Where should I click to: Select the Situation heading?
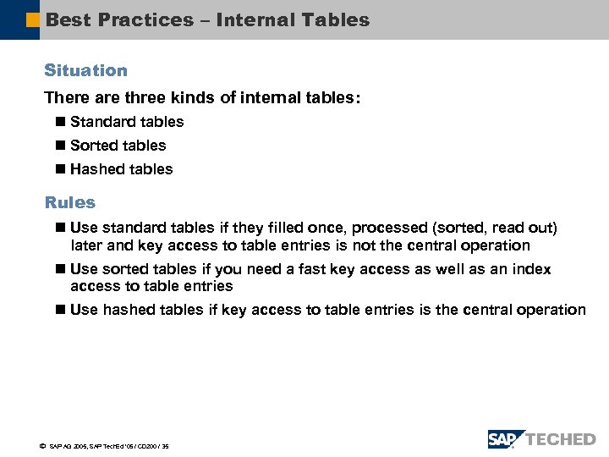[x=86, y=70]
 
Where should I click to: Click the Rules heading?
[x=70, y=202]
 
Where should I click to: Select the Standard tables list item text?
[x=127, y=122]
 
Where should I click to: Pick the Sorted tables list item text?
[x=118, y=146]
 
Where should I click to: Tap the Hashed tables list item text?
[x=121, y=169]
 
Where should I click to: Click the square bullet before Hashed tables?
[x=59, y=169]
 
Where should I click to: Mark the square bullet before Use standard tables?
[x=59, y=228]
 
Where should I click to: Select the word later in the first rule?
[x=87, y=245]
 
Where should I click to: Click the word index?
[x=531, y=269]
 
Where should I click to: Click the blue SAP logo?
[x=505, y=439]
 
